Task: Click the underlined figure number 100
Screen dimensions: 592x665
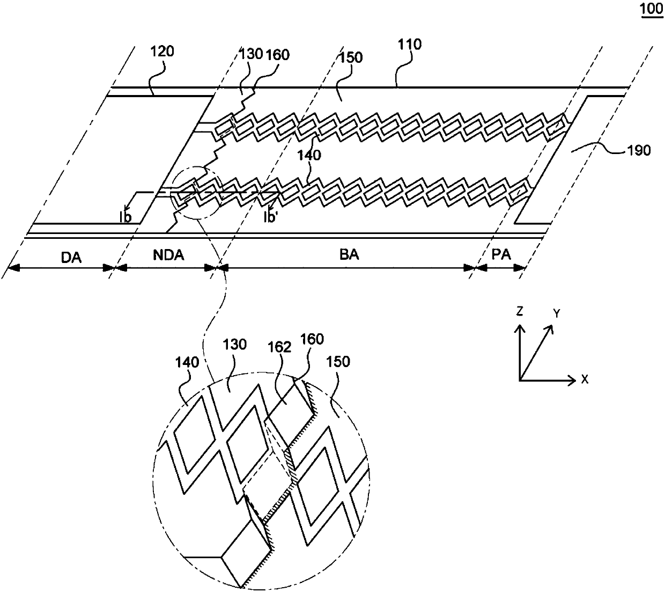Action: tap(652, 10)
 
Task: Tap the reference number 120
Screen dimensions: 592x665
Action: tap(164, 52)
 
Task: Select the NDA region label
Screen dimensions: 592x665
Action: tap(168, 255)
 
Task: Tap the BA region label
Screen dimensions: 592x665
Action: tap(349, 255)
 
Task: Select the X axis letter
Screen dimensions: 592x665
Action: tap(585, 379)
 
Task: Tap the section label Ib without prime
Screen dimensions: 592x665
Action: tap(125, 216)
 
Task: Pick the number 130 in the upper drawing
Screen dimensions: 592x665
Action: tap(251, 54)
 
